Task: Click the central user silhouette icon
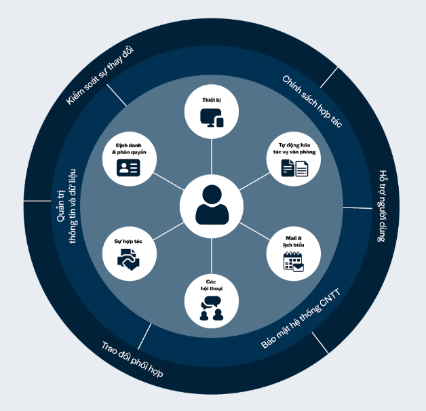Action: point(212,205)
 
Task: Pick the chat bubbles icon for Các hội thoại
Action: point(212,309)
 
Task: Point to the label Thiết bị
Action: point(212,100)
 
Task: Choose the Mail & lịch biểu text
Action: point(294,241)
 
